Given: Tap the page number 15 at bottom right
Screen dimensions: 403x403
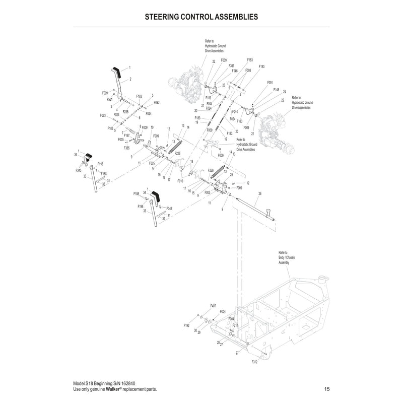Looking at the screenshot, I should click(x=327, y=389).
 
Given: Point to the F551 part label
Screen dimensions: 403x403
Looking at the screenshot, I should click(x=110, y=100).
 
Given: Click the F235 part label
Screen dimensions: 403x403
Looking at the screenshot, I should click(x=125, y=111).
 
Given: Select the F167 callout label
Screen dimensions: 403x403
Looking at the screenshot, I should click(x=127, y=136).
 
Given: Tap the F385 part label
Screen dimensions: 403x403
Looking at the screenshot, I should click(x=127, y=148).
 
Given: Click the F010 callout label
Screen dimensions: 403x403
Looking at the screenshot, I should click(x=180, y=180).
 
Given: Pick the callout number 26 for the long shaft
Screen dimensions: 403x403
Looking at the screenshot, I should click(x=260, y=193).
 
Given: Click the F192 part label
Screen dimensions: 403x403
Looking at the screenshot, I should click(x=186, y=326).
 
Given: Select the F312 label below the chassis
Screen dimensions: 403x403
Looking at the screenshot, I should click(x=254, y=362).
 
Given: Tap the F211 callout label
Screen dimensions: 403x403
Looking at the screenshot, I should click(x=235, y=325).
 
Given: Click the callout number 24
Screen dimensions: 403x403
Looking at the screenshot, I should click(x=285, y=92).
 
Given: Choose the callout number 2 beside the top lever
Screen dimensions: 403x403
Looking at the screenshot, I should click(x=130, y=79).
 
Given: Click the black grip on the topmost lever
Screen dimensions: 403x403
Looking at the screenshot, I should click(x=115, y=70).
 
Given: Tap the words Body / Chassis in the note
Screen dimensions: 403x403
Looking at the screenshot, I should click(x=287, y=257).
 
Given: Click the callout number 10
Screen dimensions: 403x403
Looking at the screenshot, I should click(x=152, y=127).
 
